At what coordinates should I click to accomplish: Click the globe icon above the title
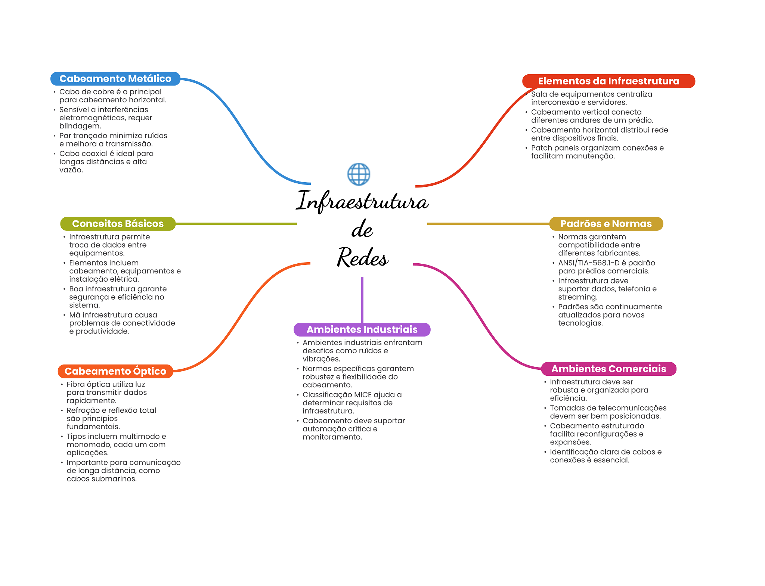[359, 174]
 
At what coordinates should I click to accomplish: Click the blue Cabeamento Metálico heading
[115, 79]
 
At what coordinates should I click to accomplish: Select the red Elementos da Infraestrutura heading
[608, 81]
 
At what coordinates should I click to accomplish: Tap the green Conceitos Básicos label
[118, 224]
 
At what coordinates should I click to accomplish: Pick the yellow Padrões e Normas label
[606, 224]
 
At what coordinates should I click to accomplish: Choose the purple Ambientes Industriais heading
[362, 329]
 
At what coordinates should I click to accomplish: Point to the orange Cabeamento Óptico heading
[115, 371]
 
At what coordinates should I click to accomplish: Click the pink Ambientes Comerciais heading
[608, 369]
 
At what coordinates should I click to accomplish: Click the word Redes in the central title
[362, 257]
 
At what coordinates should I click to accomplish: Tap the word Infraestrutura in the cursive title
[362, 201]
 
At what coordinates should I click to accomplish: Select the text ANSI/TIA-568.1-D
[588, 263]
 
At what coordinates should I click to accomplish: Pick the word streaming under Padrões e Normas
[577, 297]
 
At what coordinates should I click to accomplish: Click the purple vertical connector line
[362, 299]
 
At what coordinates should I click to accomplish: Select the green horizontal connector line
[235, 224]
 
